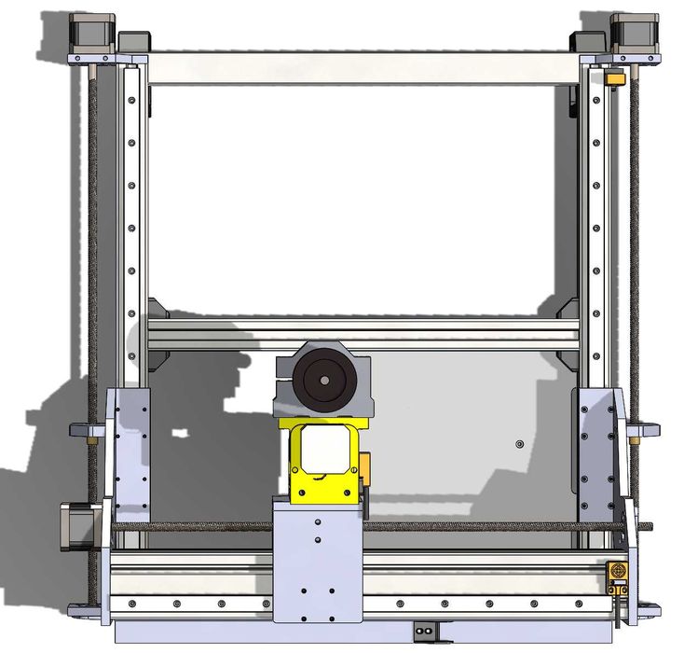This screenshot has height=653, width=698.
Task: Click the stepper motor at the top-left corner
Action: (x=92, y=34)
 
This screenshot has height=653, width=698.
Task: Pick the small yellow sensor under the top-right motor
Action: (x=615, y=79)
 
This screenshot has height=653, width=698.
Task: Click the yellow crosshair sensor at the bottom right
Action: (x=617, y=570)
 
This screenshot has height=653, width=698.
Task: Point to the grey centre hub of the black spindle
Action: (x=323, y=380)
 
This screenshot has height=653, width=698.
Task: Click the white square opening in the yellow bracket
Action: (x=322, y=450)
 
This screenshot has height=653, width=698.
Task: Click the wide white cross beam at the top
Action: (x=363, y=68)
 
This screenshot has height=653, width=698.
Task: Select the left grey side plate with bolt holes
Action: (x=130, y=452)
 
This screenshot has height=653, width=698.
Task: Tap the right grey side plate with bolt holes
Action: (x=594, y=452)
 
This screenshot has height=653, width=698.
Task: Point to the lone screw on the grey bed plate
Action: (x=520, y=443)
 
